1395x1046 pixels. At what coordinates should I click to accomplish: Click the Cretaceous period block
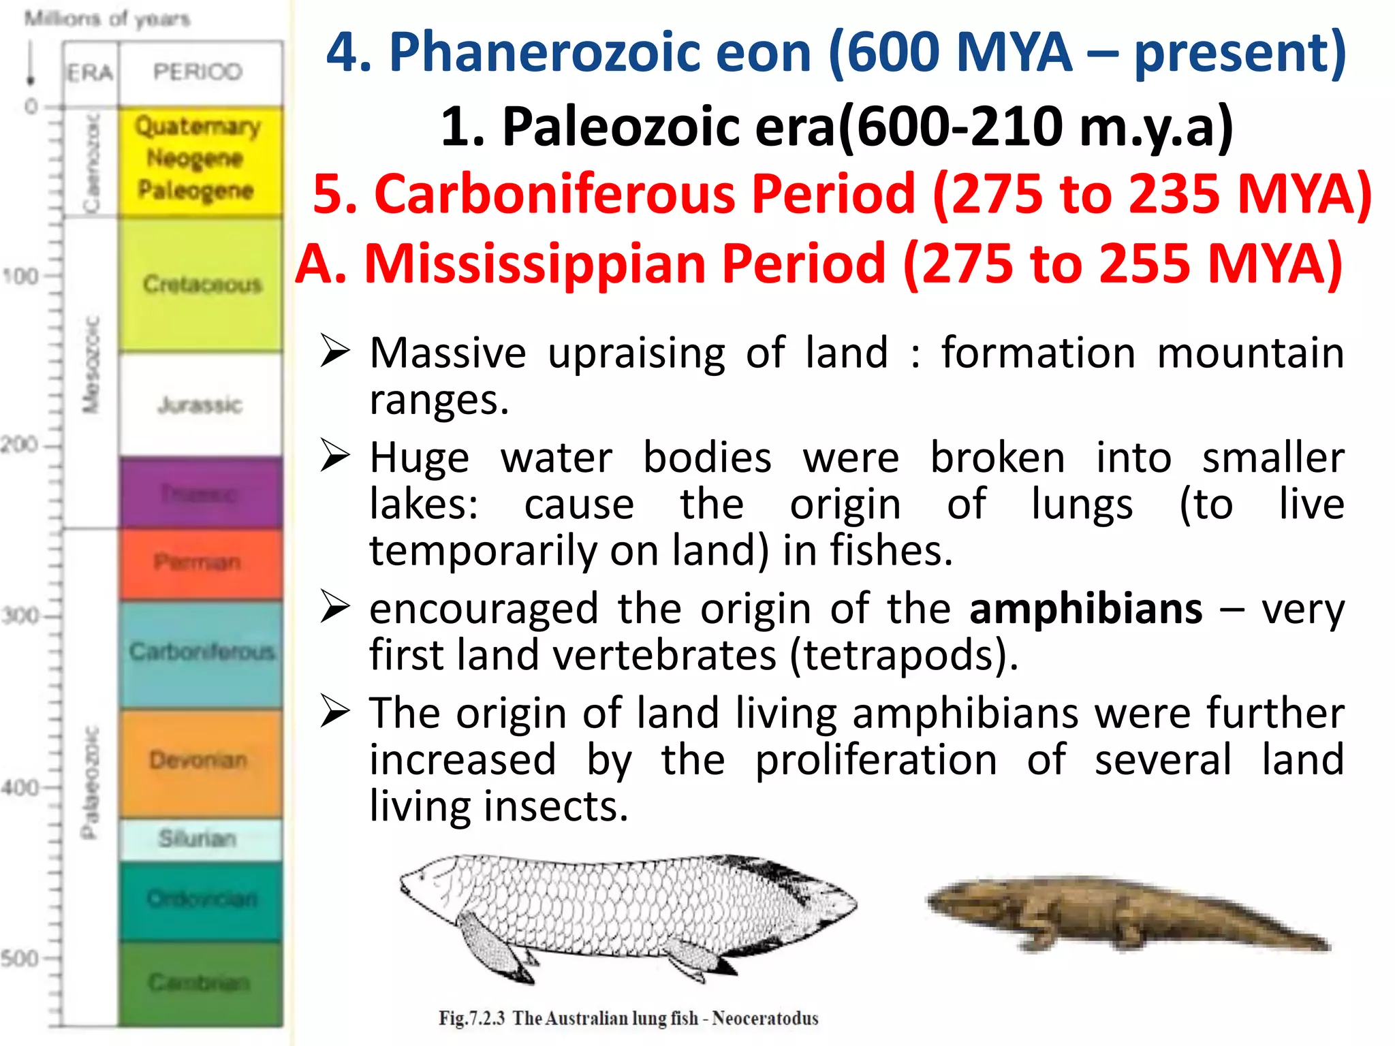coord(202,284)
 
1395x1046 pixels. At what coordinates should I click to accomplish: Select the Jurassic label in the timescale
coord(200,405)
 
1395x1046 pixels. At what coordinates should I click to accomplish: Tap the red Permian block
coord(200,563)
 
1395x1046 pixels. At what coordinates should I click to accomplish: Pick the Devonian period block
coord(200,760)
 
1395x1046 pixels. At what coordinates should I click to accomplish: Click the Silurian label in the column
coord(198,838)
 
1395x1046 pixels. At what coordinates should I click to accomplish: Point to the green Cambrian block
coord(200,983)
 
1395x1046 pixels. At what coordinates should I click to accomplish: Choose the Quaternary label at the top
coord(198,127)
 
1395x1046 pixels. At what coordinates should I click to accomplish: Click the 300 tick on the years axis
coord(20,616)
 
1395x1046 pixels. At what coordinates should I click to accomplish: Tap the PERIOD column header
coord(198,72)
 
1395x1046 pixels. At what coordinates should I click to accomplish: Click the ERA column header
coord(90,72)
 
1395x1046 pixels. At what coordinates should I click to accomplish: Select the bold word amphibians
coord(1086,608)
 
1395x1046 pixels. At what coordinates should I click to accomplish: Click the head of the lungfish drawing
coord(436,885)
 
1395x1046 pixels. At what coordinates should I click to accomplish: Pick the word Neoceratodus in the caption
coord(765,1018)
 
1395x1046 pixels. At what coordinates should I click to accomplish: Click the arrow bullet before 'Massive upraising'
coord(335,351)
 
